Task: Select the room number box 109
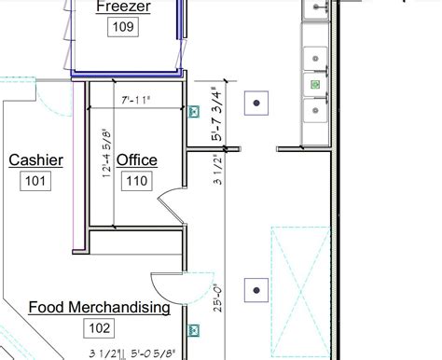pyautogui.click(x=123, y=27)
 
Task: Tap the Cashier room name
pyautogui.click(x=35, y=160)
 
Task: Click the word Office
pyautogui.click(x=136, y=160)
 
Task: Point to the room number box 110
pyautogui.click(x=136, y=180)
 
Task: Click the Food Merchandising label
pyautogui.click(x=99, y=307)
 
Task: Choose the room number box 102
pyautogui.click(x=98, y=327)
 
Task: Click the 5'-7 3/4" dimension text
pyautogui.click(x=217, y=115)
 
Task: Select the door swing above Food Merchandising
pyautogui.click(x=170, y=284)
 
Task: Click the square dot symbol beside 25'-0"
pyautogui.click(x=256, y=291)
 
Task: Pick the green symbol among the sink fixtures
pyautogui.click(x=315, y=85)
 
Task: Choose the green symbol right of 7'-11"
pyautogui.click(x=194, y=113)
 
